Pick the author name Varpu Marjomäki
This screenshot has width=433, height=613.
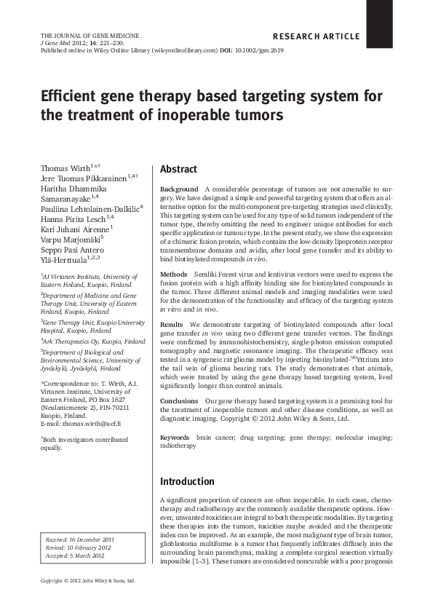(x=71, y=237)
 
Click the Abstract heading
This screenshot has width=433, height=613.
(x=178, y=169)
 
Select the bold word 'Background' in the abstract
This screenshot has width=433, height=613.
(x=179, y=189)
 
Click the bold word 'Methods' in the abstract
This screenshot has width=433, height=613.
(x=175, y=274)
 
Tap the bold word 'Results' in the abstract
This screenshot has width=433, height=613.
(x=172, y=324)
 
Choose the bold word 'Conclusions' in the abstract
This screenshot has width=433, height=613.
(x=179, y=401)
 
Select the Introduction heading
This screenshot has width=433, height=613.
(x=187, y=481)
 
